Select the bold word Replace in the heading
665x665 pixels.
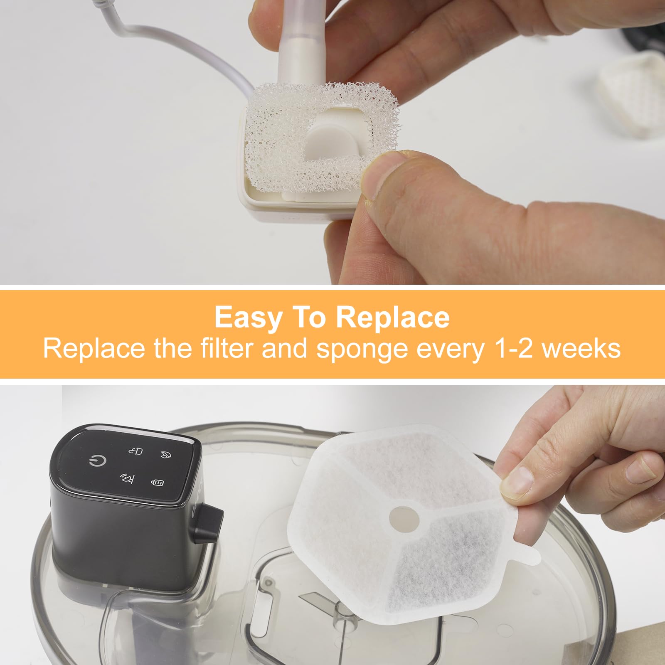click(x=392, y=318)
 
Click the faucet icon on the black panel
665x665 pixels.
click(x=136, y=451)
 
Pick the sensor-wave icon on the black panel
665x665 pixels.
click(x=126, y=478)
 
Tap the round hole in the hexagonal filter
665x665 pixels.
click(x=404, y=518)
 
